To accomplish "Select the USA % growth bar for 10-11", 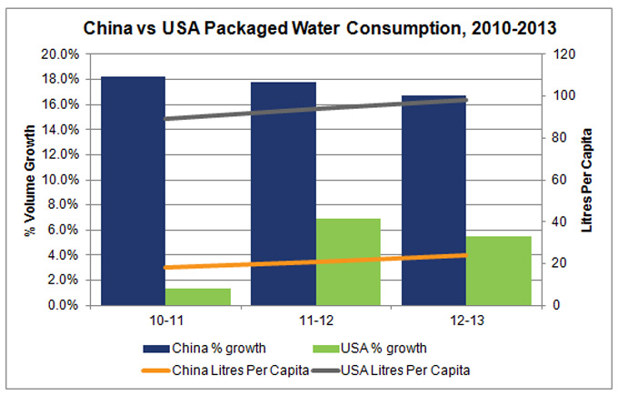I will (185, 297).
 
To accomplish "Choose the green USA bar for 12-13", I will (498, 271).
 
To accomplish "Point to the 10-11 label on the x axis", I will (164, 322).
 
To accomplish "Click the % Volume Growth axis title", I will (28, 180).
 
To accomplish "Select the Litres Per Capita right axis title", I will (588, 180).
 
